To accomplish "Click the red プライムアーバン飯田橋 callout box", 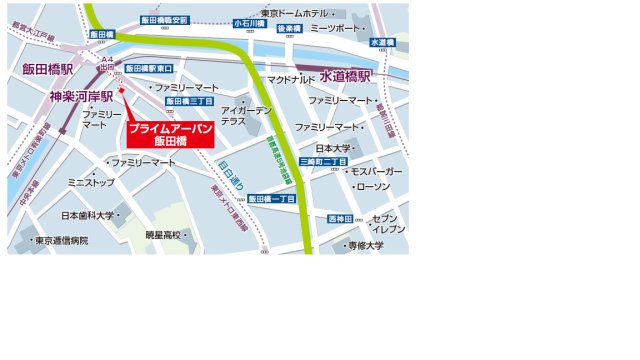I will click(x=170, y=134).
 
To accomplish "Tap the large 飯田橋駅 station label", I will click(x=48, y=69).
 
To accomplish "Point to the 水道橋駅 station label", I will click(x=345, y=76).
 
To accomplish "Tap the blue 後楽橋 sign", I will click(x=288, y=29).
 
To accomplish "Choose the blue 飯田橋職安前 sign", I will click(x=163, y=20).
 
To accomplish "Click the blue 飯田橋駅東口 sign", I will click(x=150, y=68).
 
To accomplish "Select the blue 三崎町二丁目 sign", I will click(x=323, y=161).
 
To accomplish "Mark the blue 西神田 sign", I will click(x=342, y=219).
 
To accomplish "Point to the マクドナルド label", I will click(x=292, y=79).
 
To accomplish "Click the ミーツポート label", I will click(x=333, y=29).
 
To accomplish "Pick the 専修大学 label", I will click(x=365, y=245).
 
